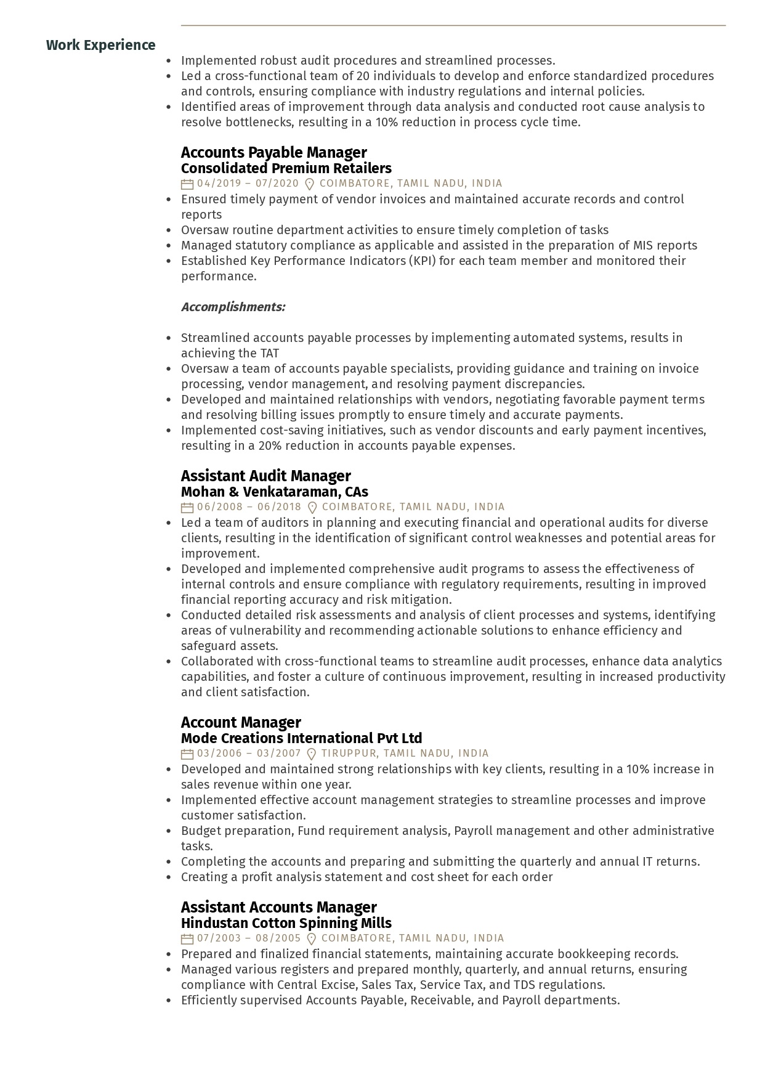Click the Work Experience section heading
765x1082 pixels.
[100, 45]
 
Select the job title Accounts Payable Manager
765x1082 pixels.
[273, 152]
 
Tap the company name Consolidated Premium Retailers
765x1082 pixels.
[286, 168]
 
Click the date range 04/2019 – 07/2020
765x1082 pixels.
[248, 184]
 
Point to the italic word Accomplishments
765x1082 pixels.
[233, 307]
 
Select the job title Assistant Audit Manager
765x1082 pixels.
[265, 476]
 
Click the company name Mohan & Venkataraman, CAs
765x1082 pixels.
[274, 492]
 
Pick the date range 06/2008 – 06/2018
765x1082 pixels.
[249, 507]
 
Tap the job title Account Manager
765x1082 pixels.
[241, 722]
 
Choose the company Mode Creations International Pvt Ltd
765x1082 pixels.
[301, 738]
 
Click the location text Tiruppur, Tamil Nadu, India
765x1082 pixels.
[405, 754]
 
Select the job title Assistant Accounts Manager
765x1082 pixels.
[278, 907]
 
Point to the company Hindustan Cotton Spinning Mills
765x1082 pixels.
[286, 923]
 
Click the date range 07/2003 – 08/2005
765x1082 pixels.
[249, 938]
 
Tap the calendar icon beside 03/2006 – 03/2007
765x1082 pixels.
[187, 754]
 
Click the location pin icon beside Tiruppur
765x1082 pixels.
[312, 754]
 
